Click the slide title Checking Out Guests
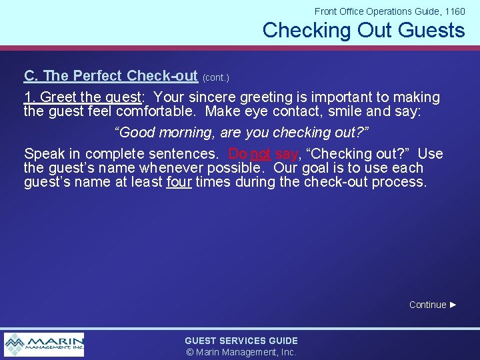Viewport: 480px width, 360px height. coord(363,30)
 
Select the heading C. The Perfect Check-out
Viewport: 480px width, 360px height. coord(111,76)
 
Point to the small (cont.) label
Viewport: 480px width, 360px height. coord(215,78)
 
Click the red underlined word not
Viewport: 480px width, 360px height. coord(260,154)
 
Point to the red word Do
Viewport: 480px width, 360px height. coord(237,154)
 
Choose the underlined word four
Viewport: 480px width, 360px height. coord(179,181)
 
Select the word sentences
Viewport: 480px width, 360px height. coord(183,154)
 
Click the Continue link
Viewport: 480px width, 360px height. coord(427,305)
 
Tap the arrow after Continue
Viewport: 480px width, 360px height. coord(453,305)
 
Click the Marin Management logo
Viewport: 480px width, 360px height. coord(44,344)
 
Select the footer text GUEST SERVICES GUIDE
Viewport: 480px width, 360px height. coord(241,341)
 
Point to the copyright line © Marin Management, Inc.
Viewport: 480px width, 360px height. coord(241,352)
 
